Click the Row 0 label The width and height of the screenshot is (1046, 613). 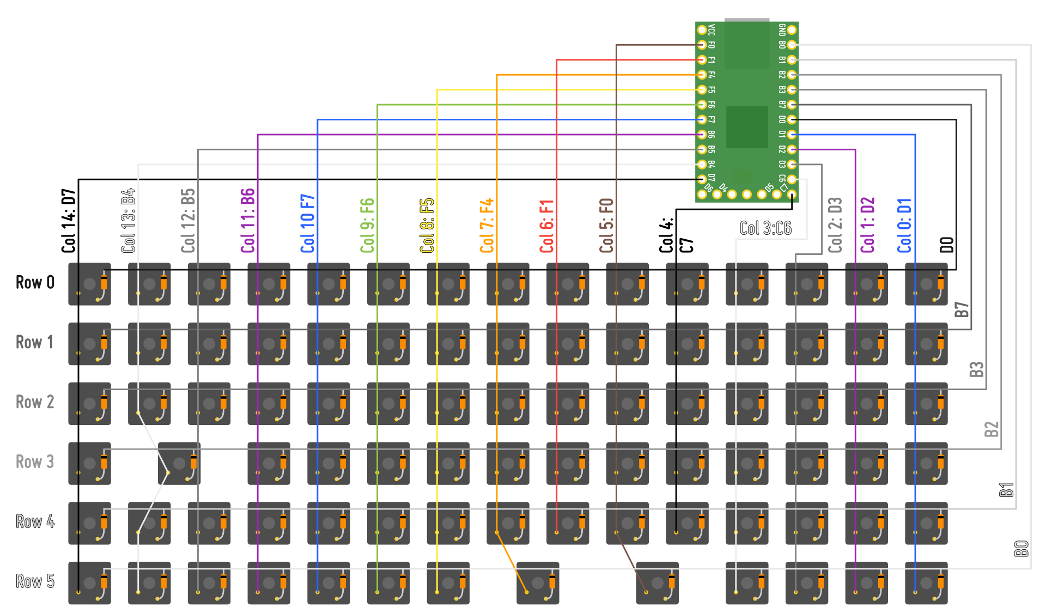pyautogui.click(x=35, y=282)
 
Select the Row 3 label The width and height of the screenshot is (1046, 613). pyautogui.click(x=35, y=462)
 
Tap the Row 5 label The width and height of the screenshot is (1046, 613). pyautogui.click(x=35, y=581)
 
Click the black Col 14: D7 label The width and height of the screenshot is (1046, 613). pyautogui.click(x=69, y=221)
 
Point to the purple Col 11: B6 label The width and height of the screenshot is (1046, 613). pyautogui.click(x=248, y=221)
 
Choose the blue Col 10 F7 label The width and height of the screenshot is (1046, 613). pyautogui.click(x=308, y=223)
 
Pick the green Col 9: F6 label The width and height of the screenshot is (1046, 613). pyautogui.click(x=368, y=225)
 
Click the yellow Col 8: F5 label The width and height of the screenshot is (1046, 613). pyautogui.click(x=427, y=225)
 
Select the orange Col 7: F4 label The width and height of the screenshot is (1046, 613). pyautogui.click(x=487, y=225)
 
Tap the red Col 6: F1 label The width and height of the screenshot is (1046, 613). pyautogui.click(x=547, y=226)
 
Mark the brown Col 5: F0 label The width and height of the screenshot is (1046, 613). pyautogui.click(x=606, y=225)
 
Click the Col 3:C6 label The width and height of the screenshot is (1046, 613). pyautogui.click(x=765, y=228)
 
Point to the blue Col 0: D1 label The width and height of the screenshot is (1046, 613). pyautogui.click(x=905, y=225)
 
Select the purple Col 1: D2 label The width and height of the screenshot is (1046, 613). pyautogui.click(x=868, y=225)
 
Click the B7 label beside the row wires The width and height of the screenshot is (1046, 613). pyautogui.click(x=962, y=309)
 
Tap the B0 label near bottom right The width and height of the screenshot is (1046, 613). pyautogui.click(x=1021, y=548)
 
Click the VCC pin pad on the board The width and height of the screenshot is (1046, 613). pyautogui.click(x=702, y=30)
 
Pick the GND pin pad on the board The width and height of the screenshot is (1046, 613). pyautogui.click(x=792, y=30)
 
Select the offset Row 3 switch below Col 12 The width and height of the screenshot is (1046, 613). pyautogui.click(x=179, y=463)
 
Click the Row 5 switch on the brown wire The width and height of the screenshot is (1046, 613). pyautogui.click(x=657, y=583)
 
